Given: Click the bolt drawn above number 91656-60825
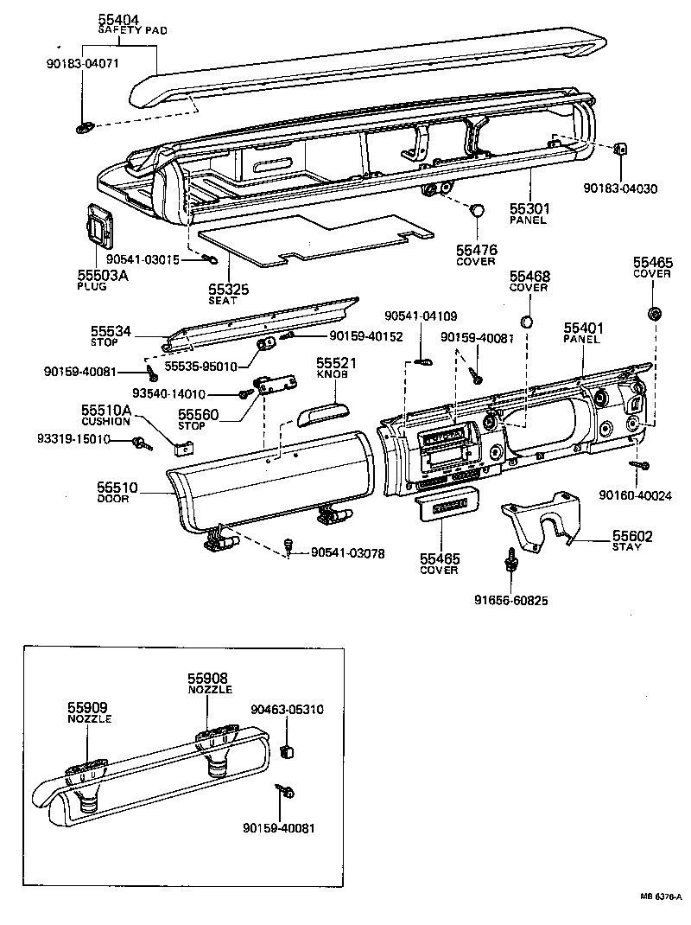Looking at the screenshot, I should (511, 562).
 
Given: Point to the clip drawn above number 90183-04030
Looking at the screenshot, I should (619, 149).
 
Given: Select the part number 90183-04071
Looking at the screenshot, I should (82, 64).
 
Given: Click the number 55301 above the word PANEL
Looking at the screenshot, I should (529, 209).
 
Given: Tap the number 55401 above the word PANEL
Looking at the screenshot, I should (583, 329).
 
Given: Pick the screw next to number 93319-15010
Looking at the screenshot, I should (140, 443).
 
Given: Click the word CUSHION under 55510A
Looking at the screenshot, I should (106, 421).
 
